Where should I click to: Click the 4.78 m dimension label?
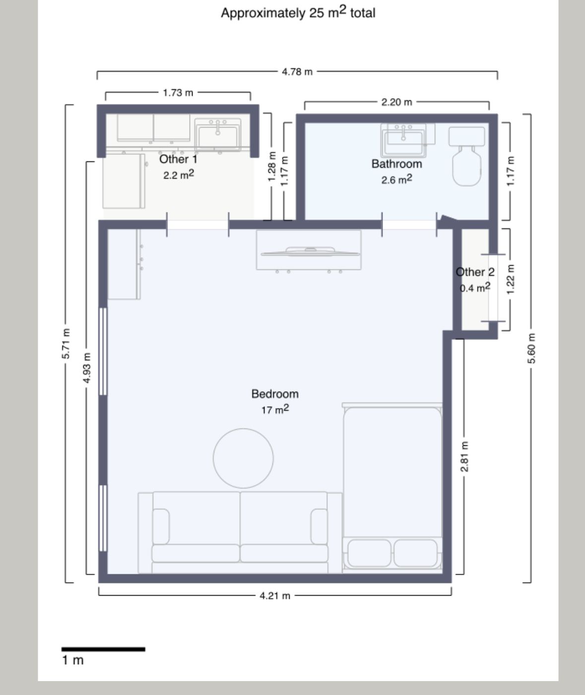click(297, 72)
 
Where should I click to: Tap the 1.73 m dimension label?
click(178, 92)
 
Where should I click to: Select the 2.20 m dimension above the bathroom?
click(396, 102)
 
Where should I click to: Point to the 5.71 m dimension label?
click(66, 344)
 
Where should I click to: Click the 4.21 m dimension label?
click(275, 596)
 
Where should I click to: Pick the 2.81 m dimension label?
click(464, 456)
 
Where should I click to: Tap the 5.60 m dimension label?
click(531, 348)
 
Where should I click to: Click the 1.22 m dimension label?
click(511, 279)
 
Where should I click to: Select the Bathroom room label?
click(396, 164)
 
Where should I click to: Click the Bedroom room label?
click(275, 394)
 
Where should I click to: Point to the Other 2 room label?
click(475, 272)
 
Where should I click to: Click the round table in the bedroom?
click(243, 458)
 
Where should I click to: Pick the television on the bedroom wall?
click(310, 252)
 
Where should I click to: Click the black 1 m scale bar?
click(103, 649)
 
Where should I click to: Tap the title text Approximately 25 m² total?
click(298, 12)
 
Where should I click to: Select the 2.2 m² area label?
click(179, 175)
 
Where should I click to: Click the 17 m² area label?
click(275, 410)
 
